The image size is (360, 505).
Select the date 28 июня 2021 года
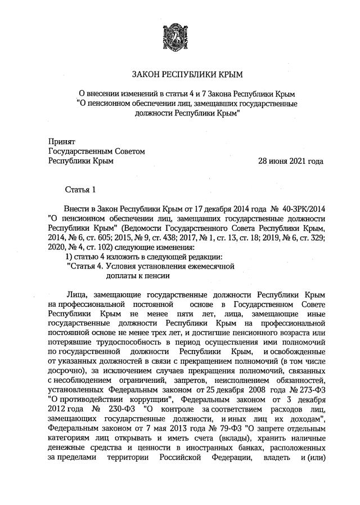(290, 161)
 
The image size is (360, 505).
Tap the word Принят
(61, 142)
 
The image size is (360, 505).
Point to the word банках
(244, 448)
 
